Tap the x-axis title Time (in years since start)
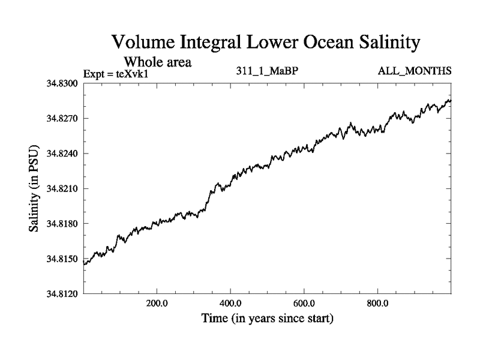267,318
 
